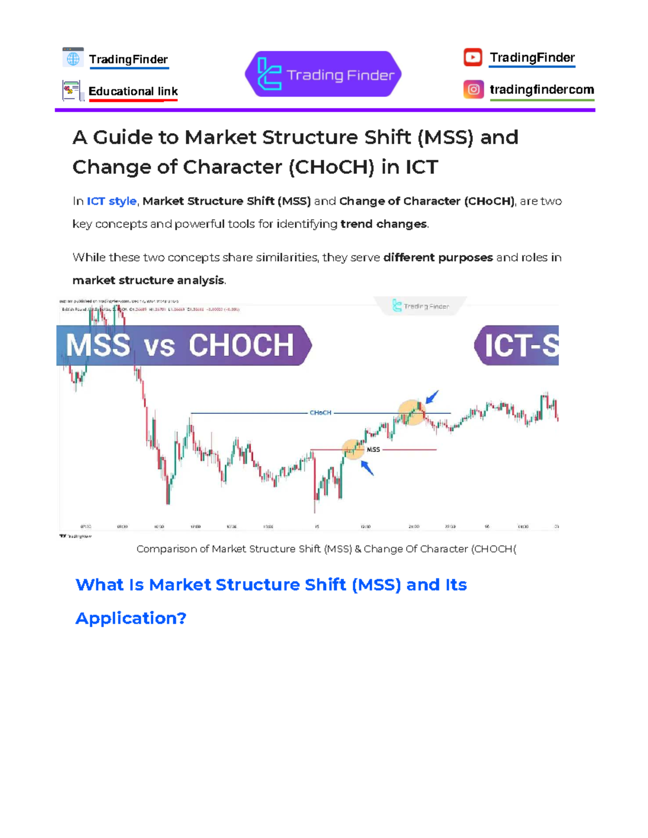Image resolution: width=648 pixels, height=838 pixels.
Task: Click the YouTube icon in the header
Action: [x=473, y=57]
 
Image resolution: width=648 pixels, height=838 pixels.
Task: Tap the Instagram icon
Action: [x=473, y=90]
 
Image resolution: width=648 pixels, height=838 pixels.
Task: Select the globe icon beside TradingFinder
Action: [x=73, y=58]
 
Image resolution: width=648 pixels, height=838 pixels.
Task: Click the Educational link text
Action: [x=133, y=91]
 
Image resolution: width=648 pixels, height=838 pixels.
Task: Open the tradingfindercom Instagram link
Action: [x=541, y=90]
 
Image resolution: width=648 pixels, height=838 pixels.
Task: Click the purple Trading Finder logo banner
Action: [x=323, y=74]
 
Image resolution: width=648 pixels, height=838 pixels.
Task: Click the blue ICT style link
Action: [x=112, y=201]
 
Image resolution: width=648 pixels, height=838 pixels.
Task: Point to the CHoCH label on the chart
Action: [x=320, y=413]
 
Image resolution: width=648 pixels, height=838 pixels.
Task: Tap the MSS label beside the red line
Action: [x=373, y=449]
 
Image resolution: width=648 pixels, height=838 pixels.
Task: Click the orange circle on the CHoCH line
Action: [x=411, y=412]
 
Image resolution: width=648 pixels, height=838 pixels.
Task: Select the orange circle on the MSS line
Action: [x=353, y=448]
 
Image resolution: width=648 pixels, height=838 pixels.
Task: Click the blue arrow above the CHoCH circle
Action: [x=432, y=398]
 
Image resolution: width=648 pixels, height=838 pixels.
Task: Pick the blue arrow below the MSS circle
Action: [x=367, y=467]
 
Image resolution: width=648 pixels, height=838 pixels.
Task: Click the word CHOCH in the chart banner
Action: [x=241, y=345]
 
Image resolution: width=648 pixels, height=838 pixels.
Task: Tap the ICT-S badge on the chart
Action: [x=518, y=345]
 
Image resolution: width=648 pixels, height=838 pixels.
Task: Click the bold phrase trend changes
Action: [x=383, y=224]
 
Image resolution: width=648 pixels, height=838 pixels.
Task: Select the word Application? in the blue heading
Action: [x=131, y=618]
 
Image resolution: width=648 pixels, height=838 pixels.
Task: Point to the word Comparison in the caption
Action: [x=166, y=549]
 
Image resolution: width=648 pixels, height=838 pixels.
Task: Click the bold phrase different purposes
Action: [x=438, y=257]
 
